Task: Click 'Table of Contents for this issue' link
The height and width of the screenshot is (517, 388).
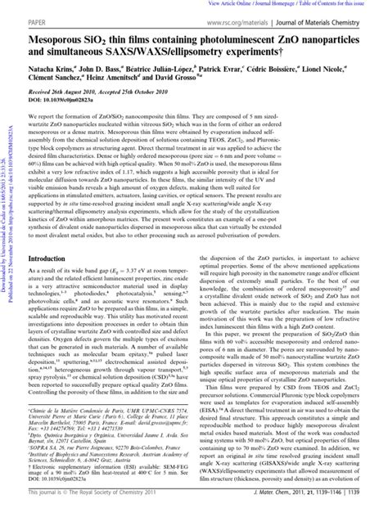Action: [x=348, y=3]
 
